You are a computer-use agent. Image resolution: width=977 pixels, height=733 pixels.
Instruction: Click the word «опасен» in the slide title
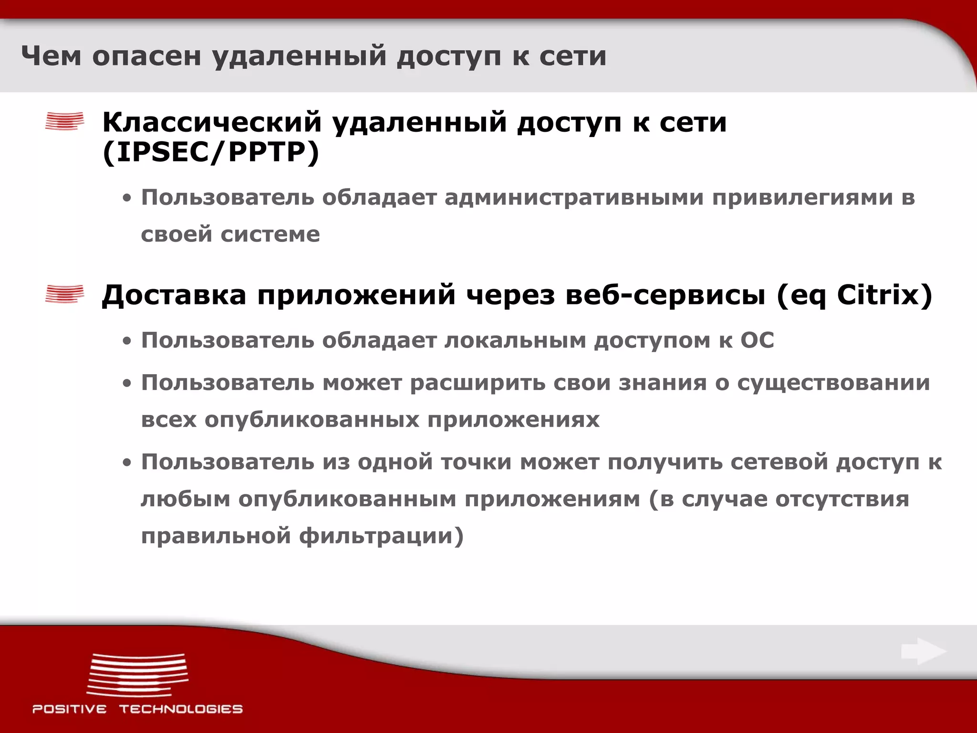point(146,56)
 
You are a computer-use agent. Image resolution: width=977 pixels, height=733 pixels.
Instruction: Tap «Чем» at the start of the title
point(51,56)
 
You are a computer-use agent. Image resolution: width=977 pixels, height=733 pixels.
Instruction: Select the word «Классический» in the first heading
point(212,122)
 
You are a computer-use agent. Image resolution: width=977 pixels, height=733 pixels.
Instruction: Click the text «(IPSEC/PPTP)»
point(211,153)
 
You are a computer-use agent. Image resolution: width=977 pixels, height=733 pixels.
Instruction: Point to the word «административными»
point(574,198)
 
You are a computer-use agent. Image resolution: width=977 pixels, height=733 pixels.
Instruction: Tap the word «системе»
point(270,234)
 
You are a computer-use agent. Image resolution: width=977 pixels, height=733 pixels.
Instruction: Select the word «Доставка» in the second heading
point(174,295)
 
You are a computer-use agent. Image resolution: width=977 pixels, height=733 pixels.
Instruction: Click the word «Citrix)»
point(884,295)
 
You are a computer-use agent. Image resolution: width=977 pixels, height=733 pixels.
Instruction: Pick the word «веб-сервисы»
point(665,295)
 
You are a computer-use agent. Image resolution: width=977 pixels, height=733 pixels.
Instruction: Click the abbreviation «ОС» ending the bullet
point(757,341)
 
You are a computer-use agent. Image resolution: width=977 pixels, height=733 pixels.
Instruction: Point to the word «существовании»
point(833,383)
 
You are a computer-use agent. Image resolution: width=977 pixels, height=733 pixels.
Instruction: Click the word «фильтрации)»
point(382,536)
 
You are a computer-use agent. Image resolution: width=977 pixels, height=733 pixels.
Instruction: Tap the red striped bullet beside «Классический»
point(64,121)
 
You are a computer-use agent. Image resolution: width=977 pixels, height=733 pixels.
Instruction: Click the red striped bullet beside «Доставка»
point(64,293)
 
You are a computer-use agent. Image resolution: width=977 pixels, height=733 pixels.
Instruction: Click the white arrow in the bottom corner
point(924,651)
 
